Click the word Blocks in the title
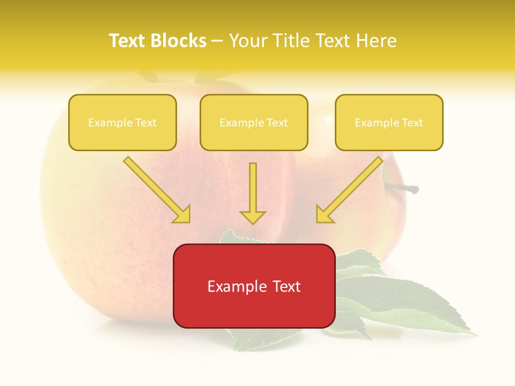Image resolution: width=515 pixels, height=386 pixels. coord(180,41)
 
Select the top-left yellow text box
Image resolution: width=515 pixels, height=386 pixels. coord(122,122)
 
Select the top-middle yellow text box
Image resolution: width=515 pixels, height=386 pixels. coord(254,122)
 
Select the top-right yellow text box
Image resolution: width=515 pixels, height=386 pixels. coord(389,122)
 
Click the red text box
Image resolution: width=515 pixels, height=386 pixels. coord(254,286)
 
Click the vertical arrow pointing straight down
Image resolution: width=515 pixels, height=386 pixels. coord(253,188)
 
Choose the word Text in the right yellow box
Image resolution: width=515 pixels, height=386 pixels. coord(412,123)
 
